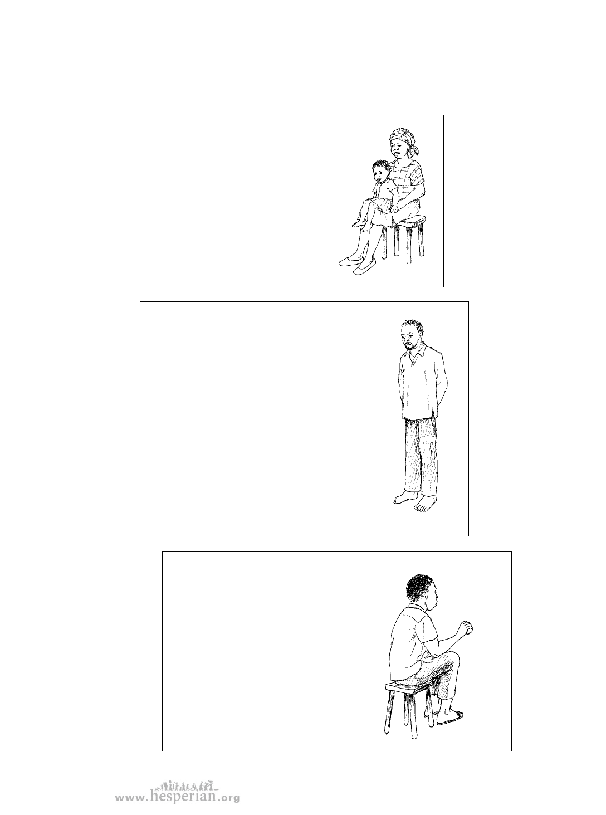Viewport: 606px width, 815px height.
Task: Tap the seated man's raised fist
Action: pos(466,627)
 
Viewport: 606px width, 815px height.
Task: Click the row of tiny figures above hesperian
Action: pos(187,783)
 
